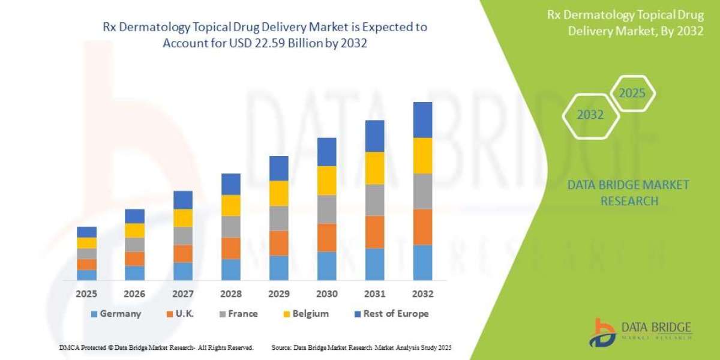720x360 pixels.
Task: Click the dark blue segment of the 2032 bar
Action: click(422, 119)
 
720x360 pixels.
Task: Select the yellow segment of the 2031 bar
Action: click(374, 168)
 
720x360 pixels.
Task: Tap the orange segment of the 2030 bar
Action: click(326, 238)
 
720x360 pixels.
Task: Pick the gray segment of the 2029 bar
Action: click(278, 218)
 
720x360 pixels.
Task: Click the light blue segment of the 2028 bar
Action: click(230, 269)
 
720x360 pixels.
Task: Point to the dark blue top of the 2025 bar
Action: click(86, 232)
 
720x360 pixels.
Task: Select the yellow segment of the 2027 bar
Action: click(182, 218)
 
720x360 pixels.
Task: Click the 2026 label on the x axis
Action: click(134, 295)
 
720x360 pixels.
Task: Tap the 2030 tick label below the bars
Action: click(326, 295)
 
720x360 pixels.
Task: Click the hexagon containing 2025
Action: click(631, 94)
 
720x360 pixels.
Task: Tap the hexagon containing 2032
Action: click(590, 115)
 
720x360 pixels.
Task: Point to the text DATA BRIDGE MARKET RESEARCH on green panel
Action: click(628, 193)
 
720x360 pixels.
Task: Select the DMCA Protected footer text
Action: click(156, 347)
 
